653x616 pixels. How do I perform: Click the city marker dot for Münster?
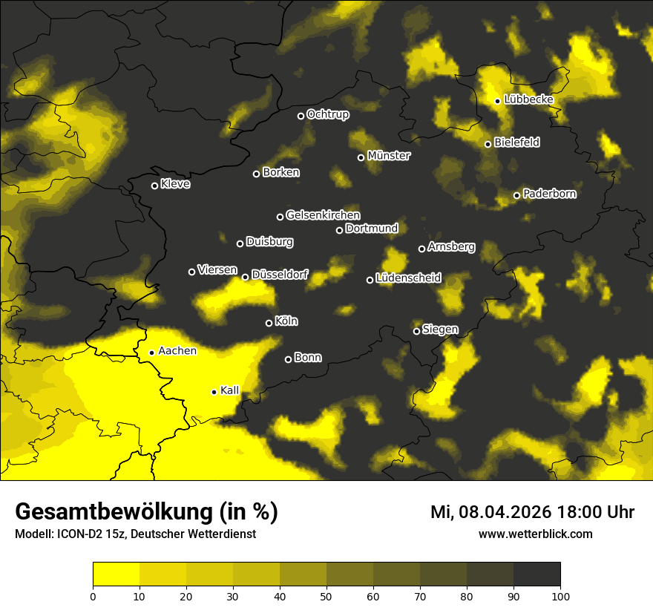[361, 157]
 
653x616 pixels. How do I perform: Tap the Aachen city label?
[177, 351]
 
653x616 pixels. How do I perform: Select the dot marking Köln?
[269, 323]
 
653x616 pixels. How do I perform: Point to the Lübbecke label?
[528, 99]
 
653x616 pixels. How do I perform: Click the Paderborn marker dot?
[517, 195]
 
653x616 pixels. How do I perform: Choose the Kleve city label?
[175, 184]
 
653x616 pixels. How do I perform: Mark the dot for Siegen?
[417, 331]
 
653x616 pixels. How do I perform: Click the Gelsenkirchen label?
[323, 215]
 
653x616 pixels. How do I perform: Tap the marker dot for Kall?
[214, 392]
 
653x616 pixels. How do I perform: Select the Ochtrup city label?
[327, 114]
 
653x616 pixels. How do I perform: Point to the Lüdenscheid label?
[408, 278]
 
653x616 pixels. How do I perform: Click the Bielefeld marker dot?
[488, 144]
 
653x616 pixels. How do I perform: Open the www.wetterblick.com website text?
[535, 534]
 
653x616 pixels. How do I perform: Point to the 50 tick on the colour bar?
[326, 595]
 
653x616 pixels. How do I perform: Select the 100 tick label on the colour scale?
[560, 595]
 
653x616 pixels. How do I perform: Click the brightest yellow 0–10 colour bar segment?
[116, 574]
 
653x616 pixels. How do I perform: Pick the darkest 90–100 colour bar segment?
[536, 574]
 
